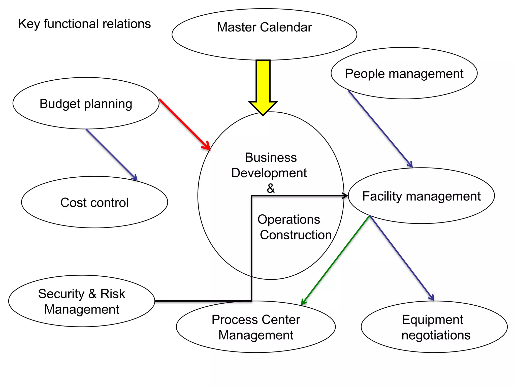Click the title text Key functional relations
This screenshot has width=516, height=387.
(x=84, y=24)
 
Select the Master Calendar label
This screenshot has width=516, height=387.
(x=264, y=27)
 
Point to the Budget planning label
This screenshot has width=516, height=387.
(x=86, y=104)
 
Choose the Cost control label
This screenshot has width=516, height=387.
(x=94, y=203)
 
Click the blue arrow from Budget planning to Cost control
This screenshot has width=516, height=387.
(x=112, y=155)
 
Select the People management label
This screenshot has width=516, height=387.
(x=404, y=74)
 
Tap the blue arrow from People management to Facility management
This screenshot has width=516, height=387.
(x=380, y=129)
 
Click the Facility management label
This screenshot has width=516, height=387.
(x=421, y=196)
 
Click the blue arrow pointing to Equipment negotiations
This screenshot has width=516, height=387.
(x=402, y=258)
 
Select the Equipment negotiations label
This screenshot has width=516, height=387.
(x=436, y=327)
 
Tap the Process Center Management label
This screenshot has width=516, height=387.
(x=256, y=327)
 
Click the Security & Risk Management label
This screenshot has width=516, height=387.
(x=82, y=301)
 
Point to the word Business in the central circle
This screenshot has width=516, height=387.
(x=271, y=158)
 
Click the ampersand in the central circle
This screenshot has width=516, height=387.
(x=271, y=188)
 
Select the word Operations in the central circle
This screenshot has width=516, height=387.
(x=289, y=219)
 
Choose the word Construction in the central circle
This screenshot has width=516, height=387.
(x=296, y=235)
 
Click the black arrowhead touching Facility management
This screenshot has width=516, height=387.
(x=345, y=196)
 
